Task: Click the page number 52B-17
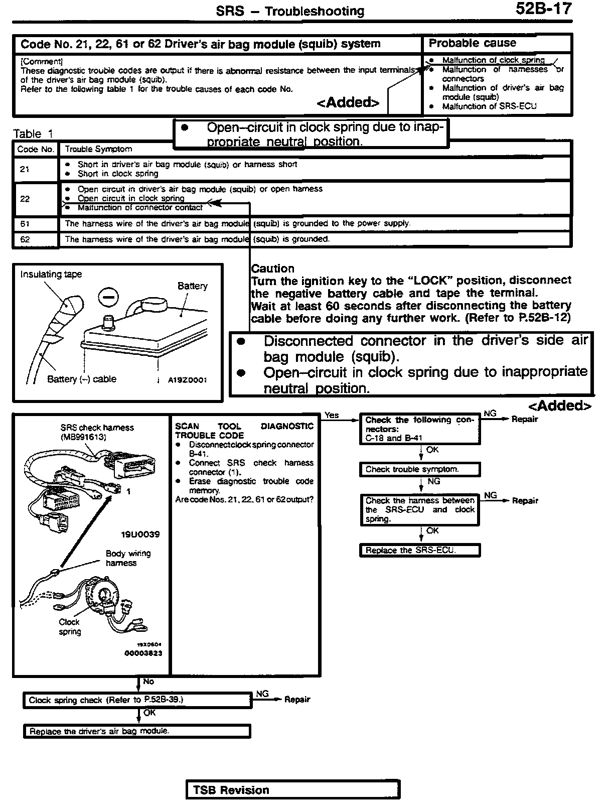tap(543, 9)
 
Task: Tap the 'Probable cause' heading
tap(472, 43)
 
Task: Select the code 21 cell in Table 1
tap(25, 169)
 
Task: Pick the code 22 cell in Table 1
tap(25, 199)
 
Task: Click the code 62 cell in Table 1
tap(25, 239)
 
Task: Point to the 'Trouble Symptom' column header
tap(98, 149)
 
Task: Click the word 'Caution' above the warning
tap(272, 268)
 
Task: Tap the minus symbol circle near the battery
tap(108, 297)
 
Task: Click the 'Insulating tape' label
tap(51, 274)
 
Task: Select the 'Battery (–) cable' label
tap(81, 379)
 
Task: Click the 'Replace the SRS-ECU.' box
tap(420, 550)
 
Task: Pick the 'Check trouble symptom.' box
tap(420, 470)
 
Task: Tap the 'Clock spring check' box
tap(137, 700)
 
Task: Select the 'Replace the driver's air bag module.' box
tap(137, 731)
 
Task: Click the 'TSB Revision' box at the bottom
tap(292, 790)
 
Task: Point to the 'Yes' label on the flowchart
tap(332, 415)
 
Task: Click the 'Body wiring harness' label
tap(127, 558)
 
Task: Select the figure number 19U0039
tap(140, 534)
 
